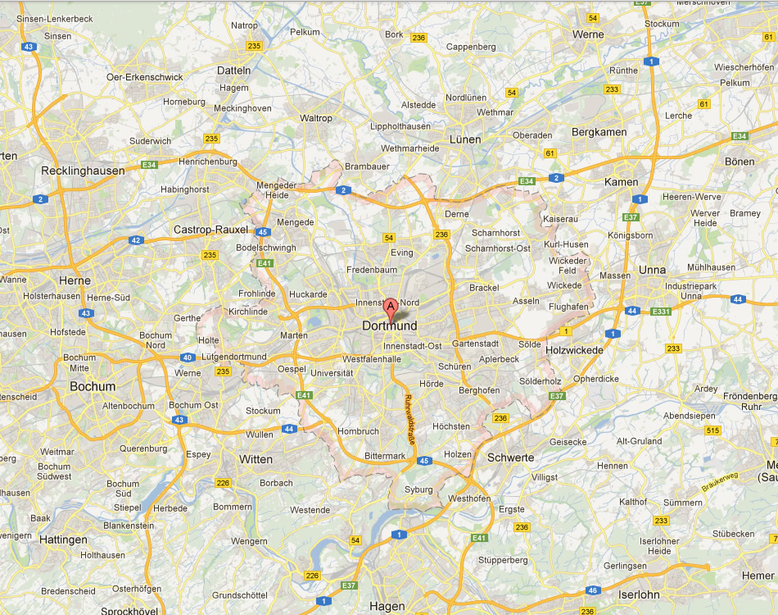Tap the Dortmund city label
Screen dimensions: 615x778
point(389,326)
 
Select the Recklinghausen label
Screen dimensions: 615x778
point(83,171)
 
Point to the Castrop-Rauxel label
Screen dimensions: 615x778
point(210,230)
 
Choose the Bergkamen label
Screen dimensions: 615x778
point(599,132)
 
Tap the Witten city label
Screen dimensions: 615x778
point(256,459)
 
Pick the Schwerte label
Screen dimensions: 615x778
point(510,458)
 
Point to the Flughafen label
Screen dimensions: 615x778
point(569,307)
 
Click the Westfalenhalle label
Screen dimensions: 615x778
point(372,359)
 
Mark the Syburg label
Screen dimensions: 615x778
point(418,490)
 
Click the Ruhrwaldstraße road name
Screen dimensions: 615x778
point(410,420)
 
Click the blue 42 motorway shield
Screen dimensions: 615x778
point(136,240)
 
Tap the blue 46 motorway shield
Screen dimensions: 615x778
point(593,590)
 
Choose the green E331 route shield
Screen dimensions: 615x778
point(660,312)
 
